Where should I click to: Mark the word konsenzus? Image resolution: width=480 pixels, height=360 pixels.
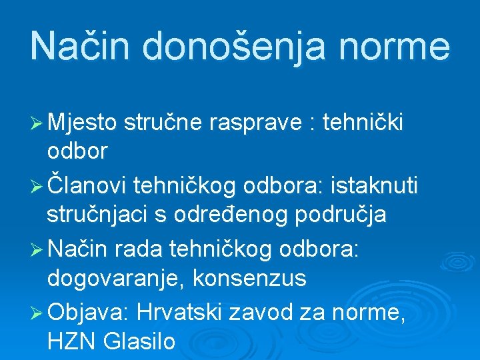[250, 279]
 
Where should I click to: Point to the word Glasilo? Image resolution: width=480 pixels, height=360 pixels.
[139, 342]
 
